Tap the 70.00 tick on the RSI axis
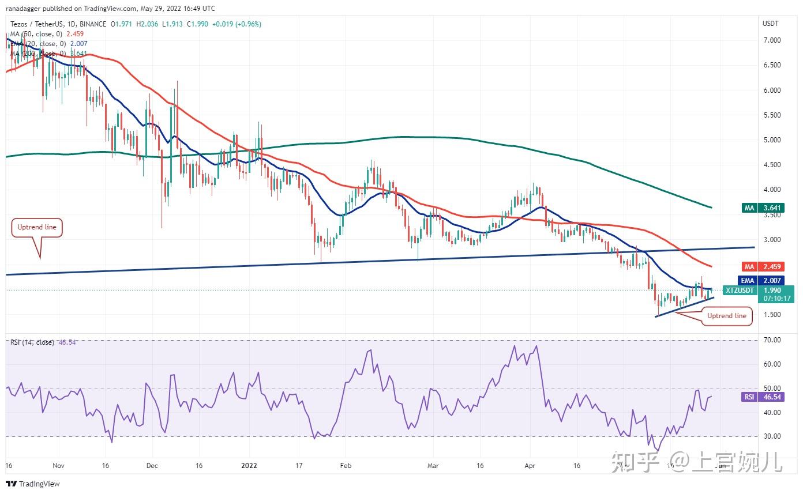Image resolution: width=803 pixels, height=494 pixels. (x=772, y=340)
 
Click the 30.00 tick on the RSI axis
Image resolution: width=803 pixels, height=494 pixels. (x=772, y=436)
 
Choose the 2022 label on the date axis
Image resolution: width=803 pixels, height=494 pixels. (x=250, y=465)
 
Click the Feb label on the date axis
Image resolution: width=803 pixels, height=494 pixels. (x=346, y=465)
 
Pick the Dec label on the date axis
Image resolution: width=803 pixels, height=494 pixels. (x=152, y=465)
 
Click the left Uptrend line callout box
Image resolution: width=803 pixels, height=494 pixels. (x=37, y=227)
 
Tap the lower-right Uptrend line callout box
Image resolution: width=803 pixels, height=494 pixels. (x=727, y=316)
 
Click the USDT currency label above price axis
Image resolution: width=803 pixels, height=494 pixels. (x=771, y=24)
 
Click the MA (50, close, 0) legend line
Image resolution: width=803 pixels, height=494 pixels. (x=40, y=34)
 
